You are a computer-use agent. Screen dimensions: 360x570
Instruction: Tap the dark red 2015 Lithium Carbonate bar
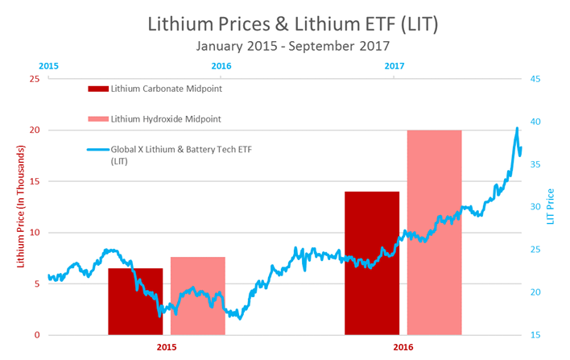point(135,302)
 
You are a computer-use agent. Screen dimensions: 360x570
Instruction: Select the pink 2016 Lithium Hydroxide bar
point(434,233)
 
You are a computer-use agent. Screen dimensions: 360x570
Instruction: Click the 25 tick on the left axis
point(33,79)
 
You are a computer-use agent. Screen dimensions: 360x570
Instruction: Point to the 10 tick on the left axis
point(33,233)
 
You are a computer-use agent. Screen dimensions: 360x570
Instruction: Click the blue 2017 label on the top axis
point(394,66)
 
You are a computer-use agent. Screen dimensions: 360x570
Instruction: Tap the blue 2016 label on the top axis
point(221,66)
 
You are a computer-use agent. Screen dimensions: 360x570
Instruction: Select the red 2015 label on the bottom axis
point(167,348)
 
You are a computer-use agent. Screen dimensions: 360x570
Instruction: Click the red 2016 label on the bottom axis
point(403,348)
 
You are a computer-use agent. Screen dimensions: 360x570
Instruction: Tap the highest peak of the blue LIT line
point(516,128)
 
